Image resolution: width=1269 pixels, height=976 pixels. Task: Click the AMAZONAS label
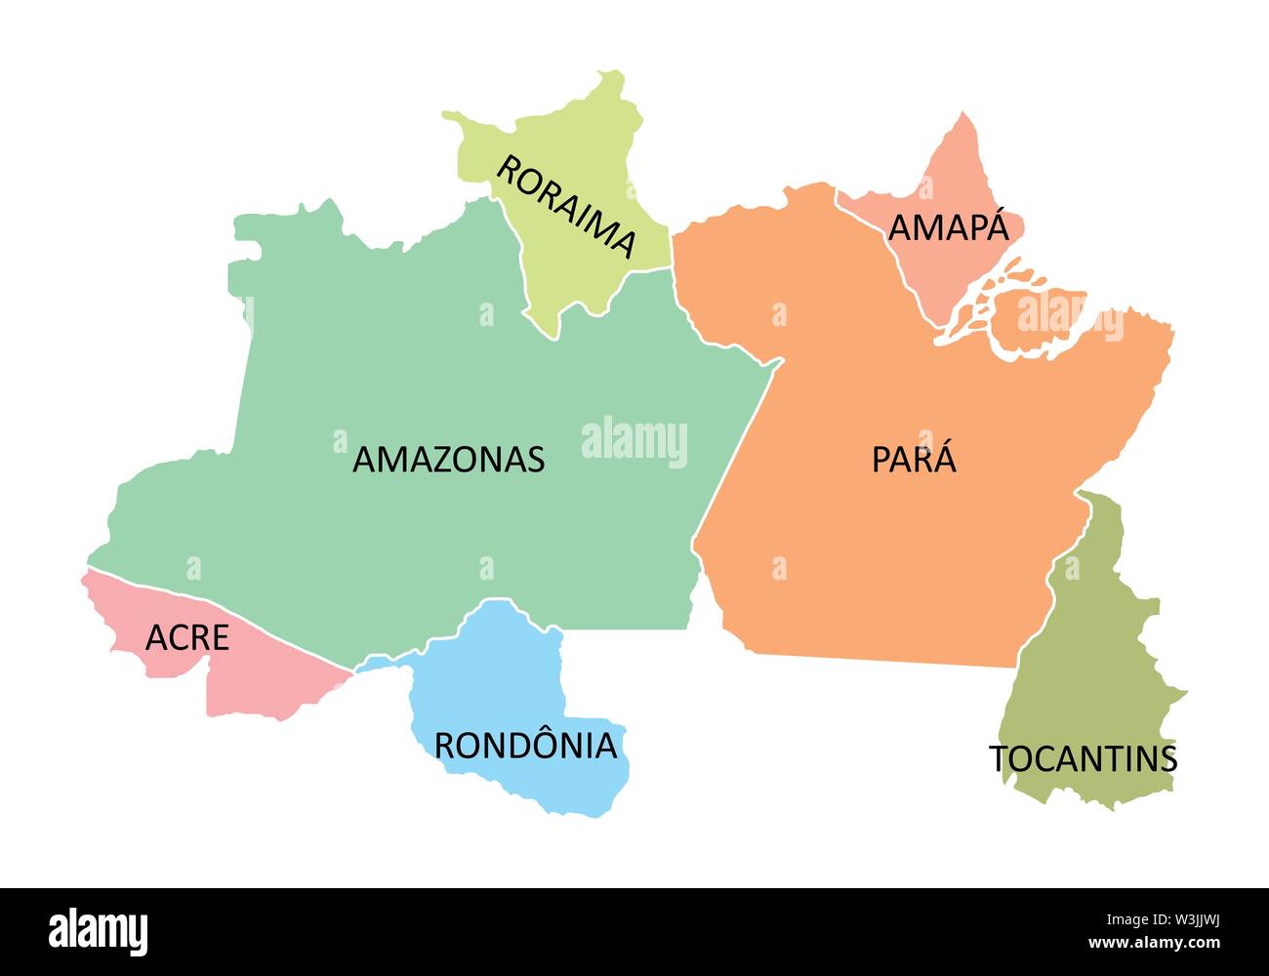[448, 459]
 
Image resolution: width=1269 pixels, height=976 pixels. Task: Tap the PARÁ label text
[914, 460]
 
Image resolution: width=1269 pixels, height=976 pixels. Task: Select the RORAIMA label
[566, 206]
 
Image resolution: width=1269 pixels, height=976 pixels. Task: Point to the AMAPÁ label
[948, 227]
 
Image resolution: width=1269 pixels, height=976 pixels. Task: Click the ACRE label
[186, 637]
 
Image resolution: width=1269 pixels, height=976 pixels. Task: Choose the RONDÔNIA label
[525, 746]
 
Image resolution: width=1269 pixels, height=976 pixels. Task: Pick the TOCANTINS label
[1084, 758]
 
